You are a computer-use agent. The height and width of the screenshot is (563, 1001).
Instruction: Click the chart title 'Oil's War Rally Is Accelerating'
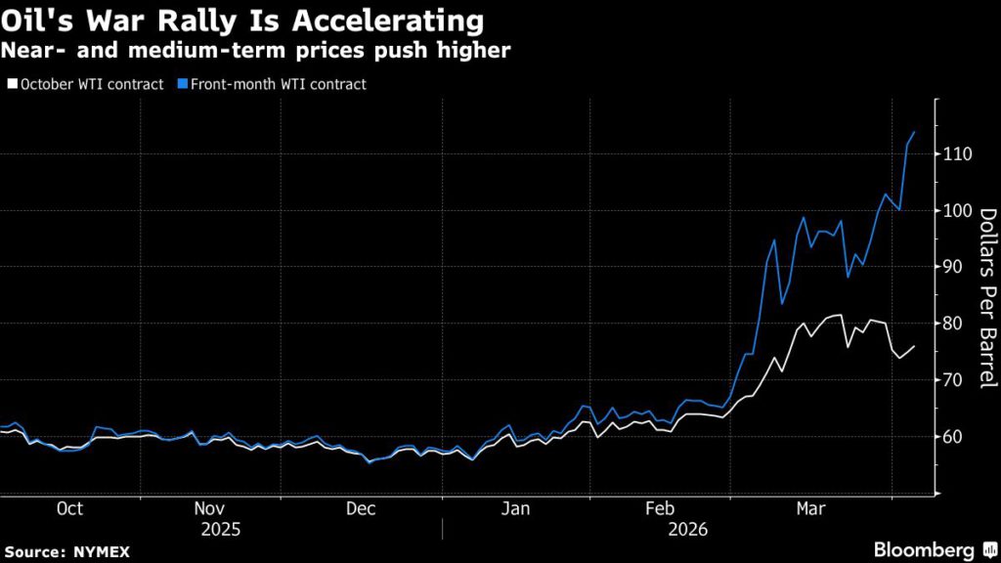(241, 22)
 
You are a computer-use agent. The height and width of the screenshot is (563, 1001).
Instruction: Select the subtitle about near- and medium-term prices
(255, 50)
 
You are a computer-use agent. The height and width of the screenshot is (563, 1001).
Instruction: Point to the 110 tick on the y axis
(959, 154)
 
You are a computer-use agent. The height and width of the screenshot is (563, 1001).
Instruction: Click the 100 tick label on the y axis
(959, 211)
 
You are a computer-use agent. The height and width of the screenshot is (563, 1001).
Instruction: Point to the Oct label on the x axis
(70, 509)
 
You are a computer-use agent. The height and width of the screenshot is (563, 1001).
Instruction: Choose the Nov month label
(211, 509)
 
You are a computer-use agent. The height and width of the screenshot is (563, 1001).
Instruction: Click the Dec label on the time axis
(361, 509)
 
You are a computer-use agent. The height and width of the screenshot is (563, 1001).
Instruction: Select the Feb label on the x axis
(661, 509)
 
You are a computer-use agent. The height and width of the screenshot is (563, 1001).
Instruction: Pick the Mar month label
(809, 509)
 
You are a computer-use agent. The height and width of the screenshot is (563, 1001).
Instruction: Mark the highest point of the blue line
(914, 132)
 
